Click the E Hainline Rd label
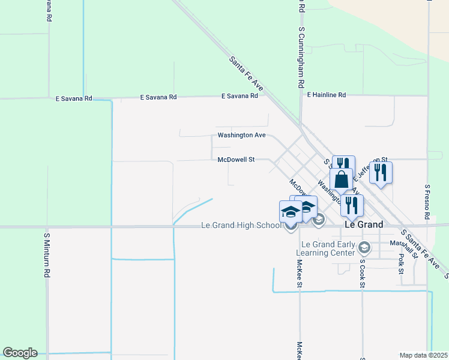pos(327,95)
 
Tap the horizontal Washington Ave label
pos(241,135)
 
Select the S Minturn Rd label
pos(46,254)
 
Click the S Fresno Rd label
pos(427,202)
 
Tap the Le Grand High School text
pos(241,226)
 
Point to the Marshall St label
pos(403,243)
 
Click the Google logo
pos(20,353)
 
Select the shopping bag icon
pos(341,179)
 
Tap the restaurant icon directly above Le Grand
pos(351,205)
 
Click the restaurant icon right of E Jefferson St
pos(381,172)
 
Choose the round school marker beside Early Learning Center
pos(363,247)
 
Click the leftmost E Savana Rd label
pos(74,98)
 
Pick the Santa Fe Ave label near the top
pos(246,73)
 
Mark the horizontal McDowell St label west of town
pos(236,160)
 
